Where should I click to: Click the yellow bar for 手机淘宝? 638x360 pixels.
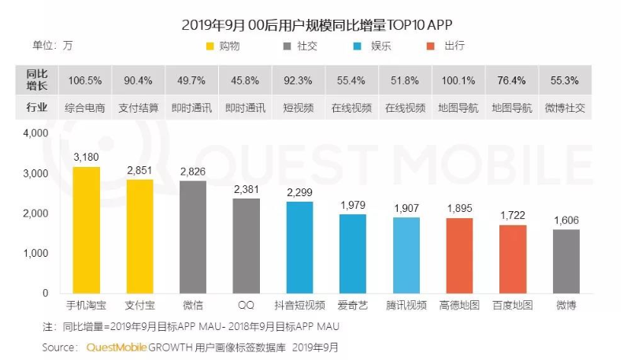point(86,230)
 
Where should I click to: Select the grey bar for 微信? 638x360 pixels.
point(193,237)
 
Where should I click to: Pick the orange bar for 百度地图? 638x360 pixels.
point(513,259)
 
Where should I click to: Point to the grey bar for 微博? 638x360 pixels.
point(566,262)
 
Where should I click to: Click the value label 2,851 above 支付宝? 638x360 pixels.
point(139,172)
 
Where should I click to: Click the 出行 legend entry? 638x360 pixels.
point(454,46)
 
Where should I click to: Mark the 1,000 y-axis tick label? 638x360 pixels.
point(36,253)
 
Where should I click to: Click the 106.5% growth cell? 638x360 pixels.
point(86,80)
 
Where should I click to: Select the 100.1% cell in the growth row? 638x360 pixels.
point(459,80)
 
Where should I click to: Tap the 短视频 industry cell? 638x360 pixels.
point(299,106)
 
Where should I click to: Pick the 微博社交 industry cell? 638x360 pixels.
point(566,106)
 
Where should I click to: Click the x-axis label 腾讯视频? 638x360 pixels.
point(406,305)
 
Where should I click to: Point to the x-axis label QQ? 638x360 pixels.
point(246,305)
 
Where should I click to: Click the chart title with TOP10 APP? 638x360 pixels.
point(318,24)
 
